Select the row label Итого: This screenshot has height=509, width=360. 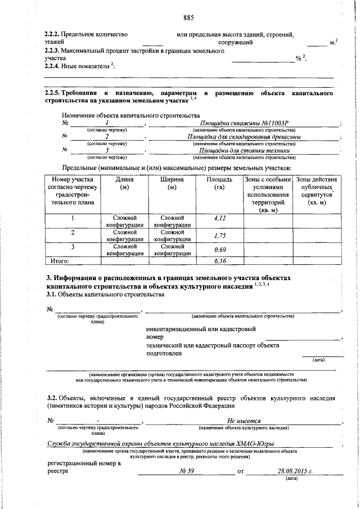coord(60,261)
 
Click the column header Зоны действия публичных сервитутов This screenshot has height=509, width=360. coord(318,191)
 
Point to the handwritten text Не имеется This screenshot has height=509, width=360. coord(243,420)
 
